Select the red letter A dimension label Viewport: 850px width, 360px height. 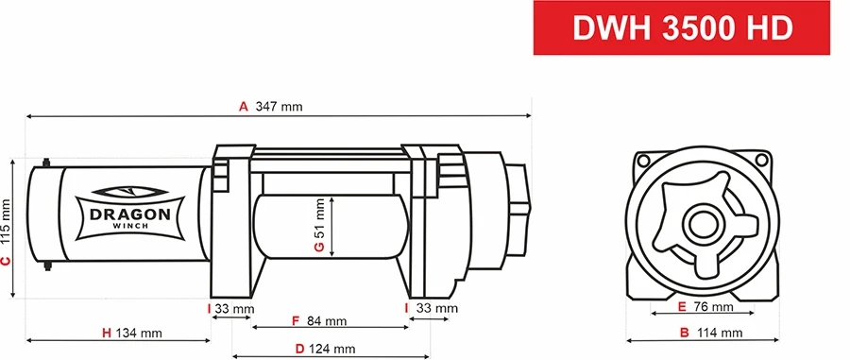(243, 107)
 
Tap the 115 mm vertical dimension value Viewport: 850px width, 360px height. (7, 219)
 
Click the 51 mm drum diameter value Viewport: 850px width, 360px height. (319, 217)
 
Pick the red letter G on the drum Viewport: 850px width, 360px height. (319, 248)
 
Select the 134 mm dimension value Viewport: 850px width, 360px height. (139, 333)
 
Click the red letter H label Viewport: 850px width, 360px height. (107, 333)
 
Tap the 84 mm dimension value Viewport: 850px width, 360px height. (326, 321)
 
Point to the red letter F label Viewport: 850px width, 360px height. (296, 321)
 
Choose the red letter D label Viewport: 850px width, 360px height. (299, 349)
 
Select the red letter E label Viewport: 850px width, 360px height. (682, 307)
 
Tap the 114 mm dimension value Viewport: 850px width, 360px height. (719, 333)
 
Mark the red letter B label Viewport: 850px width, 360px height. (684, 333)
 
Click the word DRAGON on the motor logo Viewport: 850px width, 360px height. (129, 214)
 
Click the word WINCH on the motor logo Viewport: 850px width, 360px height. (129, 226)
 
